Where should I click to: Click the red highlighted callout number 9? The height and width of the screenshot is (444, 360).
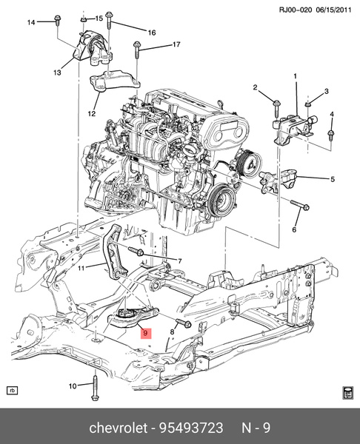click(146, 334)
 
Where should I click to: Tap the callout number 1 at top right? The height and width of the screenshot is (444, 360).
click(295, 76)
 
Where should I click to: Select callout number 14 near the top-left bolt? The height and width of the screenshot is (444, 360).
click(31, 23)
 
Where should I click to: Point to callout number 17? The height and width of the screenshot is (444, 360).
click(176, 45)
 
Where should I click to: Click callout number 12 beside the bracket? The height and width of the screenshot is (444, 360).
click(92, 114)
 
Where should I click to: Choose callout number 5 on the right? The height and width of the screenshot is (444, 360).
click(333, 178)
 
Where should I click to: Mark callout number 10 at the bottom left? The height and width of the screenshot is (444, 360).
click(73, 386)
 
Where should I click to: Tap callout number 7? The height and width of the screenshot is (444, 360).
click(179, 260)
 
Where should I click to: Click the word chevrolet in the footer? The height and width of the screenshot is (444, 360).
click(118, 427)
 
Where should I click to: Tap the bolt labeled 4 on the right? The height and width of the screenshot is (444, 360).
click(332, 134)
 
